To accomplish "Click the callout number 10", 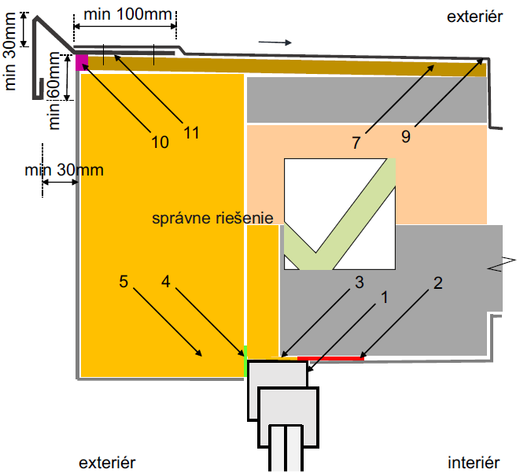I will tap(160, 142).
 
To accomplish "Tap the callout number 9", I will tap(405, 137).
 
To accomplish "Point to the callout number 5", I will tap(124, 280).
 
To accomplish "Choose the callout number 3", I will tap(359, 282).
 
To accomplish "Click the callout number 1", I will tap(385, 297).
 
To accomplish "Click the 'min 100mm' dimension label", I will tap(126, 14).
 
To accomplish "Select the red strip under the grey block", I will tap(330, 359).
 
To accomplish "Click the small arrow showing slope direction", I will tap(274, 41).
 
